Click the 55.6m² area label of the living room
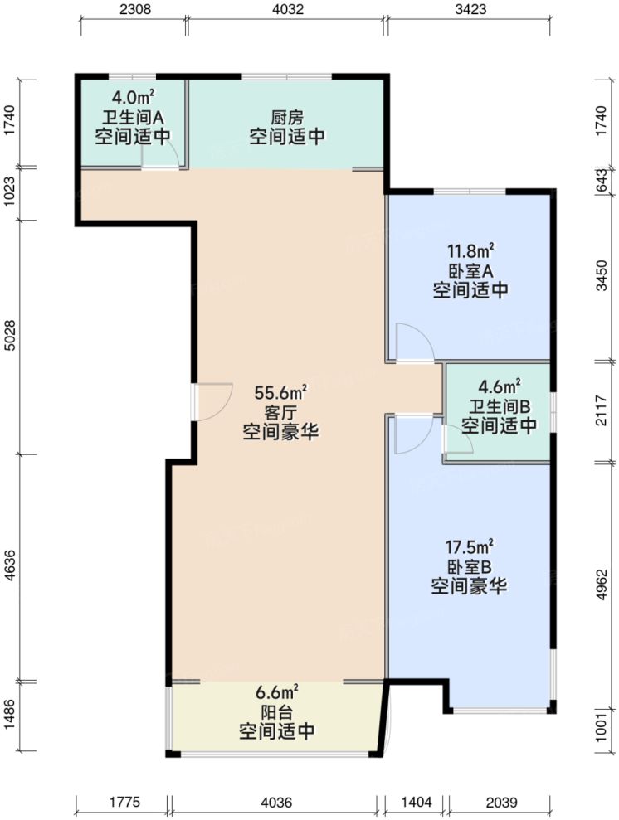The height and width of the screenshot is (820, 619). point(281,391)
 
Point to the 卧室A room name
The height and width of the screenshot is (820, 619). point(470,270)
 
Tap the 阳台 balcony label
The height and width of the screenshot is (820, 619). point(276,711)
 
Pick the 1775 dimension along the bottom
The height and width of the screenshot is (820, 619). point(124,802)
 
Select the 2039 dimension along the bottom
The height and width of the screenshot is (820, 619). point(500,802)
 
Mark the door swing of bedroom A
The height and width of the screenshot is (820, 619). point(412,342)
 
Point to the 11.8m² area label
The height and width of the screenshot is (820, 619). point(470,250)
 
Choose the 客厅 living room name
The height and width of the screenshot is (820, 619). point(281,411)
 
